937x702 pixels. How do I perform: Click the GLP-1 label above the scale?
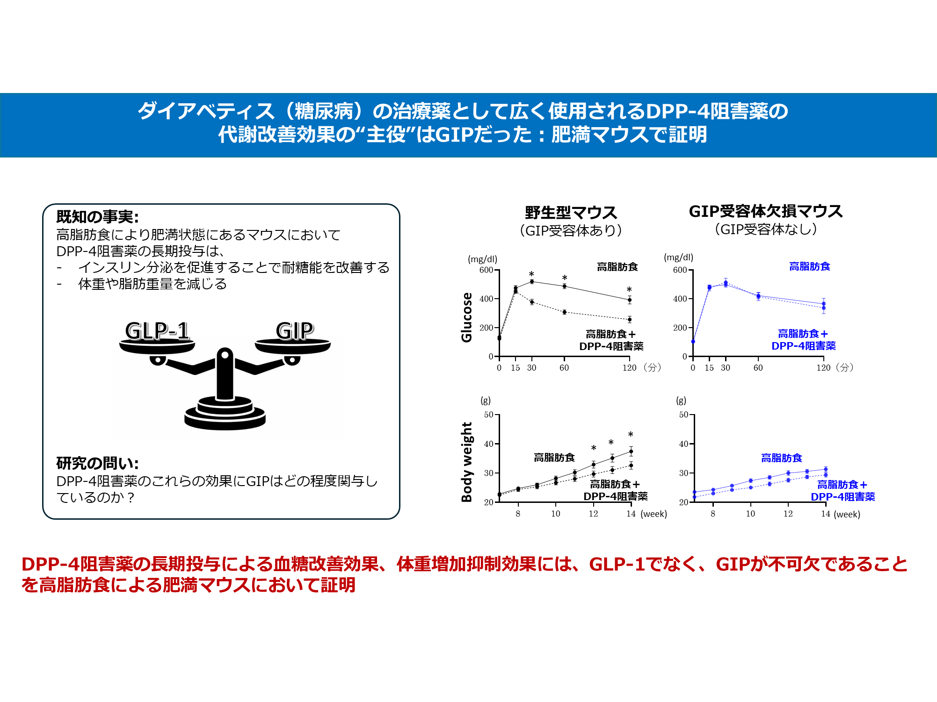tap(157, 331)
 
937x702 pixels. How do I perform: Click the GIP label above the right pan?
tap(294, 331)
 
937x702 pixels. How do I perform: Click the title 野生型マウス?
tap(571, 213)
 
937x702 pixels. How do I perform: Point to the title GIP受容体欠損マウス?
tap(766, 211)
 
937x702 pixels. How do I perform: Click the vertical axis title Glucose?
tap(466, 317)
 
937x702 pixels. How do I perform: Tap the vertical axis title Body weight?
tap(466, 462)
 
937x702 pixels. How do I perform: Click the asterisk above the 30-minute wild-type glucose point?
tap(531, 274)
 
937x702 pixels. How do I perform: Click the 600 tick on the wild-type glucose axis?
tap(486, 270)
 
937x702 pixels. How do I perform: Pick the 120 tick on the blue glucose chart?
tap(823, 368)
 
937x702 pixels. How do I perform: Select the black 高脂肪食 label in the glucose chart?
tap(617, 267)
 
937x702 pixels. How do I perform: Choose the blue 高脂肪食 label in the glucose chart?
tap(809, 266)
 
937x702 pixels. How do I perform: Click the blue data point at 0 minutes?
tap(693, 342)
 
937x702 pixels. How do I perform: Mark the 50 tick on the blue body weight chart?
tap(683, 415)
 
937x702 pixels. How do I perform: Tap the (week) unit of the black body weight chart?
tap(654, 514)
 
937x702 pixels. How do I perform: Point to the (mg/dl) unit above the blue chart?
tap(678, 258)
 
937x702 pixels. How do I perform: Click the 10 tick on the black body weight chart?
tap(556, 514)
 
